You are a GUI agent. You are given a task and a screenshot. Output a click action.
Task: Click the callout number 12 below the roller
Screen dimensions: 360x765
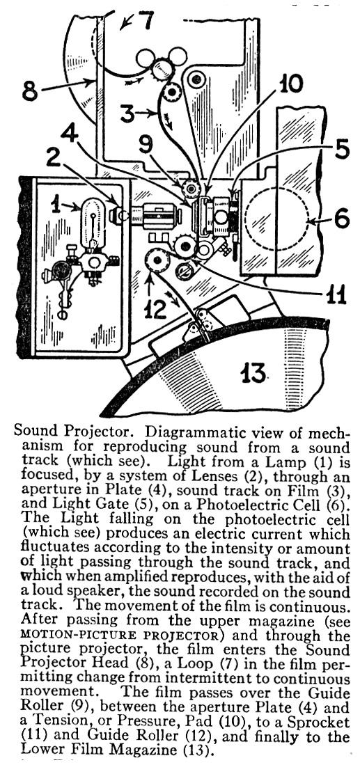155,309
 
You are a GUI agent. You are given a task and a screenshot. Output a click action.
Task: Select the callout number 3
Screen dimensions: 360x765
126,115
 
